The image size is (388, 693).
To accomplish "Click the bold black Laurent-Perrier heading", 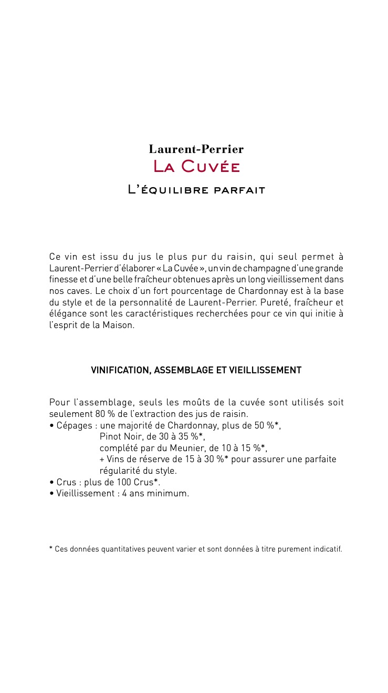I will pos(196,149).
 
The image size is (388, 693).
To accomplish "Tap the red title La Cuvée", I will pos(196,167).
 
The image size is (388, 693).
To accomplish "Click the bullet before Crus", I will pos(51,482).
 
